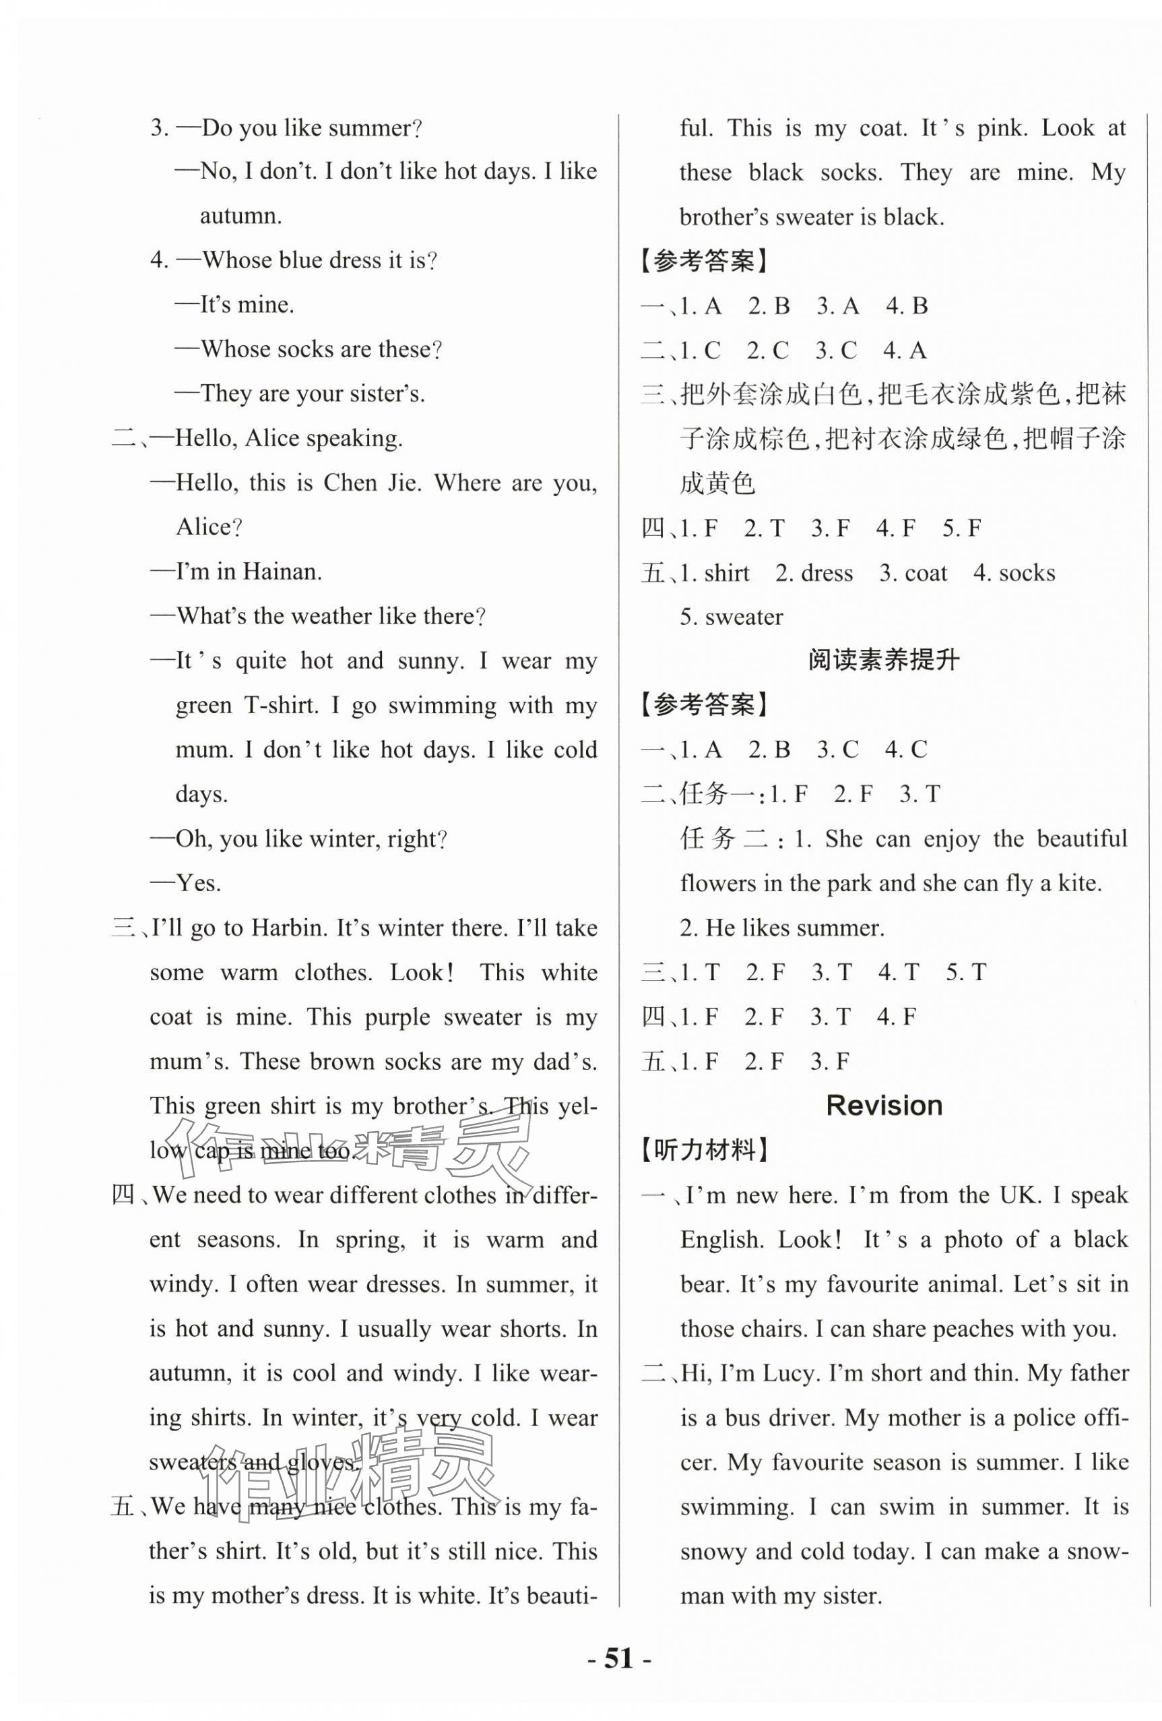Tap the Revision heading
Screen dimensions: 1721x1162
[884, 1106]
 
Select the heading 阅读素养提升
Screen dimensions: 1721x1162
[884, 660]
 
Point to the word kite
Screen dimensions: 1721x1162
[1075, 884]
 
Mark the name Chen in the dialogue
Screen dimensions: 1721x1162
[352, 483]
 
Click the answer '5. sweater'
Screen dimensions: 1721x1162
[732, 616]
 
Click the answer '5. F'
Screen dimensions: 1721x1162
[962, 528]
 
